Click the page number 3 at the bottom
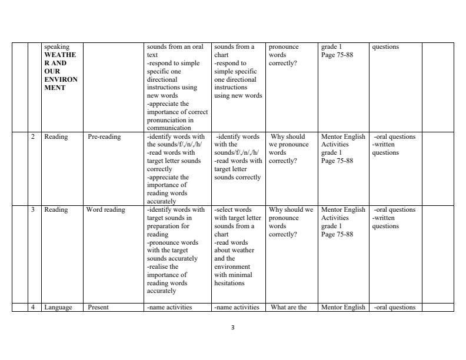[x=233, y=328]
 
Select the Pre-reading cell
[x=104, y=137]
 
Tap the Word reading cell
[x=106, y=210]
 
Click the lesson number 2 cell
[x=33, y=137]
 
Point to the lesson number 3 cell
[x=33, y=210]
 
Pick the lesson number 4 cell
[x=33, y=307]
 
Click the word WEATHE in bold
[x=60, y=55]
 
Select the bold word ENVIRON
[x=61, y=79]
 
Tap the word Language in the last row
[x=58, y=307]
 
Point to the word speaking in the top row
[x=56, y=47]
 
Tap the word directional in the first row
[x=163, y=79]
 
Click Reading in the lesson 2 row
[x=56, y=137]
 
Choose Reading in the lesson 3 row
[x=56, y=210]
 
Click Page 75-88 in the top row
[x=337, y=55]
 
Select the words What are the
[x=289, y=307]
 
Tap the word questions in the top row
[x=385, y=47]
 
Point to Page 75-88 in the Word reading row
[x=337, y=234]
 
